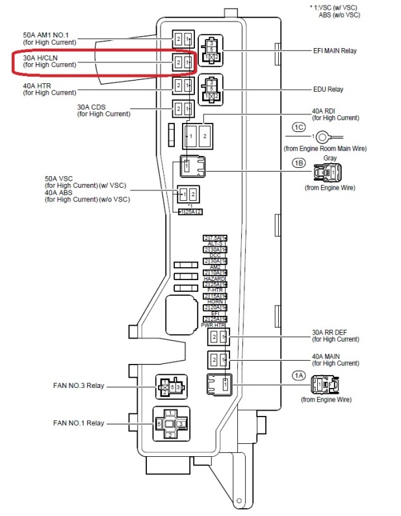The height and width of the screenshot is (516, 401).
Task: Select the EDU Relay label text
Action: click(328, 89)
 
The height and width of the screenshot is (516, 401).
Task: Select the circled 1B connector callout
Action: click(299, 163)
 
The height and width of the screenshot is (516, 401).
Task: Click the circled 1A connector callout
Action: click(298, 375)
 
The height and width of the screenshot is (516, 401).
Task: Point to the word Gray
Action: click(330, 158)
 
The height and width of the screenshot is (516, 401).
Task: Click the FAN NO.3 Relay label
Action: click(79, 385)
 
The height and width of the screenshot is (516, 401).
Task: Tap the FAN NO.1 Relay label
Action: click(79, 423)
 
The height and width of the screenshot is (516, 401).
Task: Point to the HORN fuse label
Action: click(216, 302)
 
